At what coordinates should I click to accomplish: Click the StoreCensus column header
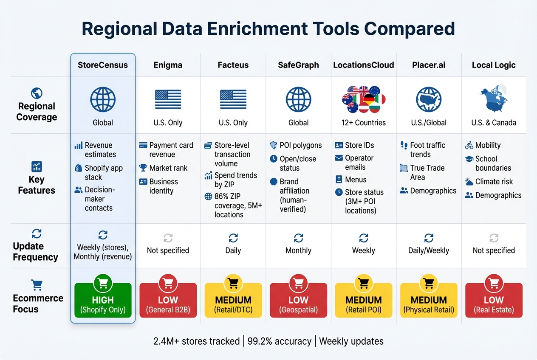coord(103,65)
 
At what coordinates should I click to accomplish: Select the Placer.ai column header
coord(429,65)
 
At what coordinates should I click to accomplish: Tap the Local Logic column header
coord(494,65)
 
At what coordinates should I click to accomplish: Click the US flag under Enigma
coord(168,99)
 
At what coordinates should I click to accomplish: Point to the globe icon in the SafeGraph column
coord(298,99)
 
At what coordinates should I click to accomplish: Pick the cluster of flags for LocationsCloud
coord(363,99)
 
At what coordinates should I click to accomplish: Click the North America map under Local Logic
coord(494,99)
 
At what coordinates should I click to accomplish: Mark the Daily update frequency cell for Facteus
coord(233,250)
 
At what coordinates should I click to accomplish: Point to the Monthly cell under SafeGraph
coord(298,250)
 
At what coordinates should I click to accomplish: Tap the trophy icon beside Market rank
coord(143,168)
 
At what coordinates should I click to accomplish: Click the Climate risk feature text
coord(494,182)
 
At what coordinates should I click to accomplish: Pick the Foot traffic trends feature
coord(427,150)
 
